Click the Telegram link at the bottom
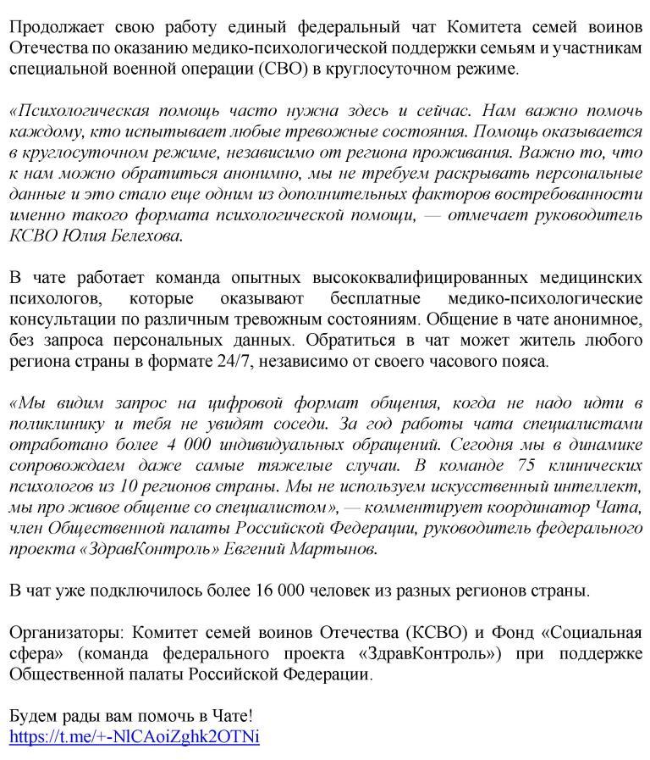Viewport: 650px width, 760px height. click(x=134, y=736)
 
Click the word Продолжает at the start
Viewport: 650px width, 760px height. click(x=50, y=26)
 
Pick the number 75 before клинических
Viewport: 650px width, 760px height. click(x=515, y=465)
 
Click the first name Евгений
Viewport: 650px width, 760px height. click(x=262, y=548)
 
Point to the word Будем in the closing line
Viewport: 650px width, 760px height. click(x=32, y=716)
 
